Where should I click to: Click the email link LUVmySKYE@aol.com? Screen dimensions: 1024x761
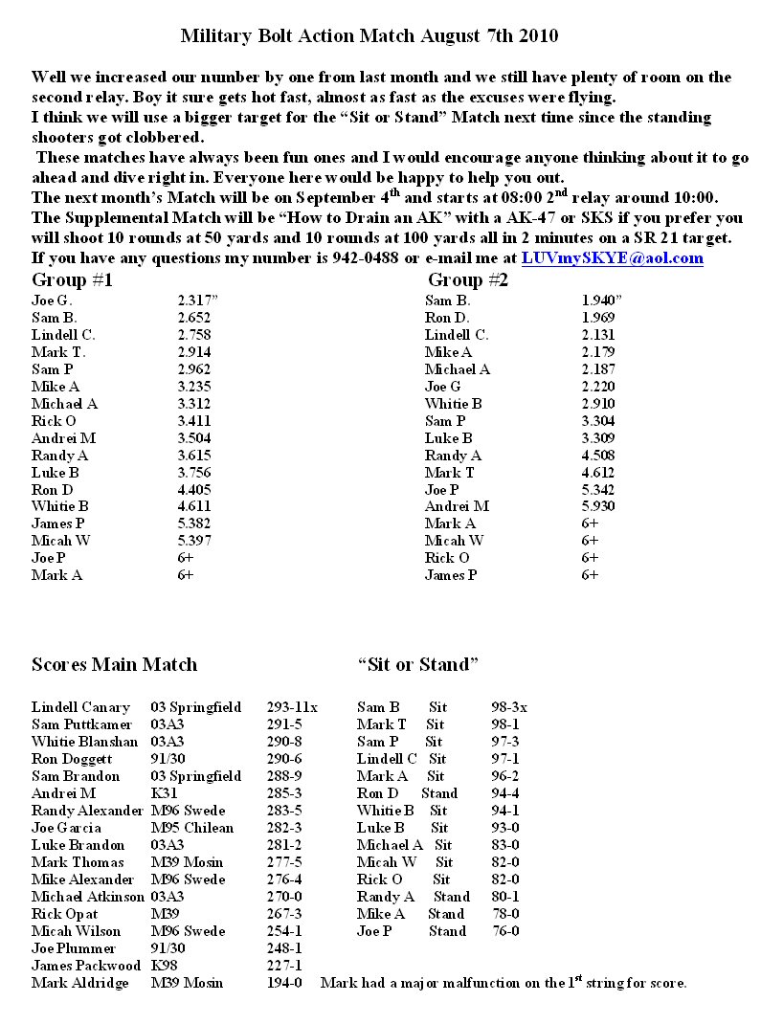pos(612,258)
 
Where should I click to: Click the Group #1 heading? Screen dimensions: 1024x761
pos(73,280)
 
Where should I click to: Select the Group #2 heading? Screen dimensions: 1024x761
pos(468,280)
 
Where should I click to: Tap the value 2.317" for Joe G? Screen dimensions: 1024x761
pos(198,301)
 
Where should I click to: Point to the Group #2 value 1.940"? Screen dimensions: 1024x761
pos(602,301)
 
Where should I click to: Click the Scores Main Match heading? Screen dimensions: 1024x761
pos(114,664)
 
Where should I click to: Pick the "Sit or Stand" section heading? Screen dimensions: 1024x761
pos(417,664)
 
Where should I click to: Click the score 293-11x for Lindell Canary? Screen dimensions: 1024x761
pos(292,707)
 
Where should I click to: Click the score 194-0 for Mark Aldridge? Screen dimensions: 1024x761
pos(284,983)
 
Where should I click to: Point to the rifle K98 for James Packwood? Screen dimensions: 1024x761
pos(164,966)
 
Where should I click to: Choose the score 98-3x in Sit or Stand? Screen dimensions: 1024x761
pos(509,707)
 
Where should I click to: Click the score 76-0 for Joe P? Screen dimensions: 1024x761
pos(505,931)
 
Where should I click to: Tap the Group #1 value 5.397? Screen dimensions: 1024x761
pos(193,541)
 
